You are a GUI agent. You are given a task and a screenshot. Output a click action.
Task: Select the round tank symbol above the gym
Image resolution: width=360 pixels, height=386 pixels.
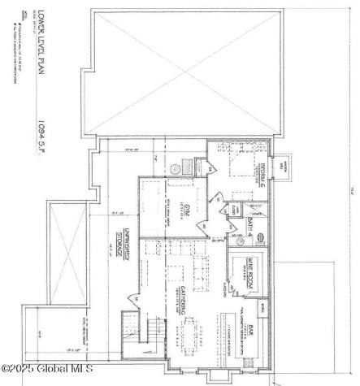176,168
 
